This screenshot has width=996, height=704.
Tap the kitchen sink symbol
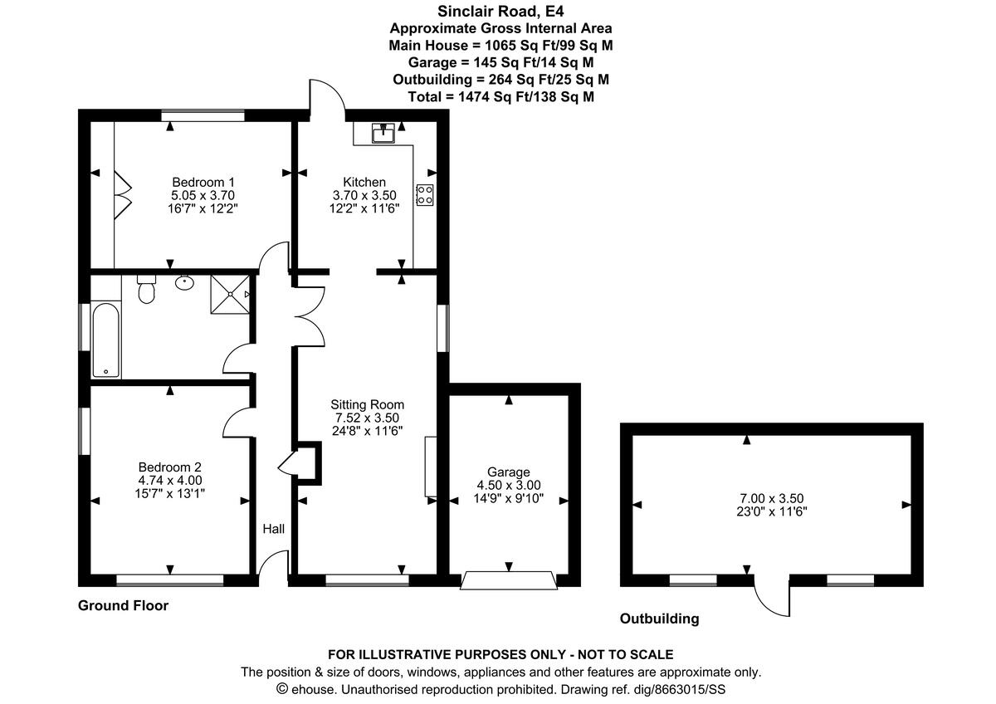tap(383, 133)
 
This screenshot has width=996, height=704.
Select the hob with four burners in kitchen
tap(425, 194)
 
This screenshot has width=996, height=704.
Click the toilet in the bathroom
tap(147, 290)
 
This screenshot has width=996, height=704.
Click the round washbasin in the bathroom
tap(185, 283)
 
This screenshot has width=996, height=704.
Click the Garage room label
tap(508, 472)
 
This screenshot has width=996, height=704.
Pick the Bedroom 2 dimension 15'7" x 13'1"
tap(170, 493)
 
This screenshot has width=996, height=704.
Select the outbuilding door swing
tap(772, 596)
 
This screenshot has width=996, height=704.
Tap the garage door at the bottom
tap(509, 579)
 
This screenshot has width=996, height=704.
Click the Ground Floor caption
tap(123, 605)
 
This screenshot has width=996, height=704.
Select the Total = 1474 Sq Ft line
tap(500, 96)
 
